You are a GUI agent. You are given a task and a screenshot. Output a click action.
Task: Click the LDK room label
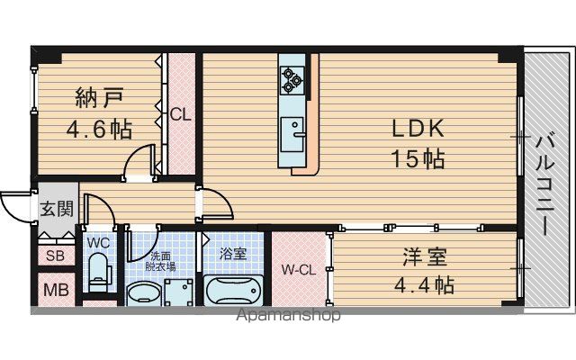[x=418, y=129]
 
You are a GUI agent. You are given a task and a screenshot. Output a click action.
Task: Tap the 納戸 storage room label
[x=99, y=98]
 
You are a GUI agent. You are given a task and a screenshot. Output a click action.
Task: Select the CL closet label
[x=180, y=114]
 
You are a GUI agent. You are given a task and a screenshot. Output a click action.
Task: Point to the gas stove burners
[x=292, y=79]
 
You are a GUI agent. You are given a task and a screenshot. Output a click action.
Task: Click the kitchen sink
[x=292, y=134]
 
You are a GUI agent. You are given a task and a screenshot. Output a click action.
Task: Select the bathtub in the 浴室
[x=233, y=290]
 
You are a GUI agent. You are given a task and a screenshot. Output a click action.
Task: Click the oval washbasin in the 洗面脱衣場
[x=144, y=294]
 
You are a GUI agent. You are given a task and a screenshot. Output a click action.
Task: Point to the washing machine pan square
[x=178, y=292]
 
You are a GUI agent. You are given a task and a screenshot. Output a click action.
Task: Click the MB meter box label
[x=56, y=290]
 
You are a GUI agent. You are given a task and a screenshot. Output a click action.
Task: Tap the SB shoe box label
[x=56, y=256]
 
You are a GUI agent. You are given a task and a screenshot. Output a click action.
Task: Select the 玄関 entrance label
[x=57, y=209]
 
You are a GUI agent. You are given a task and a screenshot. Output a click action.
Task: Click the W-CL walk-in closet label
[x=299, y=270]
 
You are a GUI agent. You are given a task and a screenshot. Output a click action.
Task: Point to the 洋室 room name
[x=425, y=256]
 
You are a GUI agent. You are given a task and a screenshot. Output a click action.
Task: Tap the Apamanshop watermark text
[x=288, y=315]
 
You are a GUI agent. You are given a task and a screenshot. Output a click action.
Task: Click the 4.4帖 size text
[x=424, y=284]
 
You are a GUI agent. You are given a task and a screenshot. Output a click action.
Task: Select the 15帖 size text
[x=418, y=159]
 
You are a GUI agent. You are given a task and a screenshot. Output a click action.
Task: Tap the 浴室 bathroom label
[x=233, y=254]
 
